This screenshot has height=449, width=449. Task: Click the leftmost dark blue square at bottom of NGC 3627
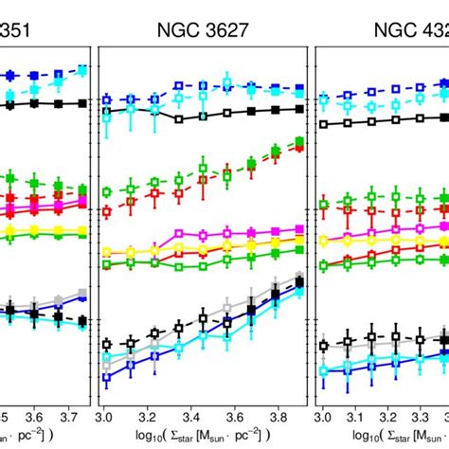[x=107, y=377]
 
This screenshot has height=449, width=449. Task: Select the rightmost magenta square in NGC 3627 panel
[x=299, y=229]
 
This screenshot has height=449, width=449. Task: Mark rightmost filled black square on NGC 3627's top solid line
[x=299, y=109]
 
